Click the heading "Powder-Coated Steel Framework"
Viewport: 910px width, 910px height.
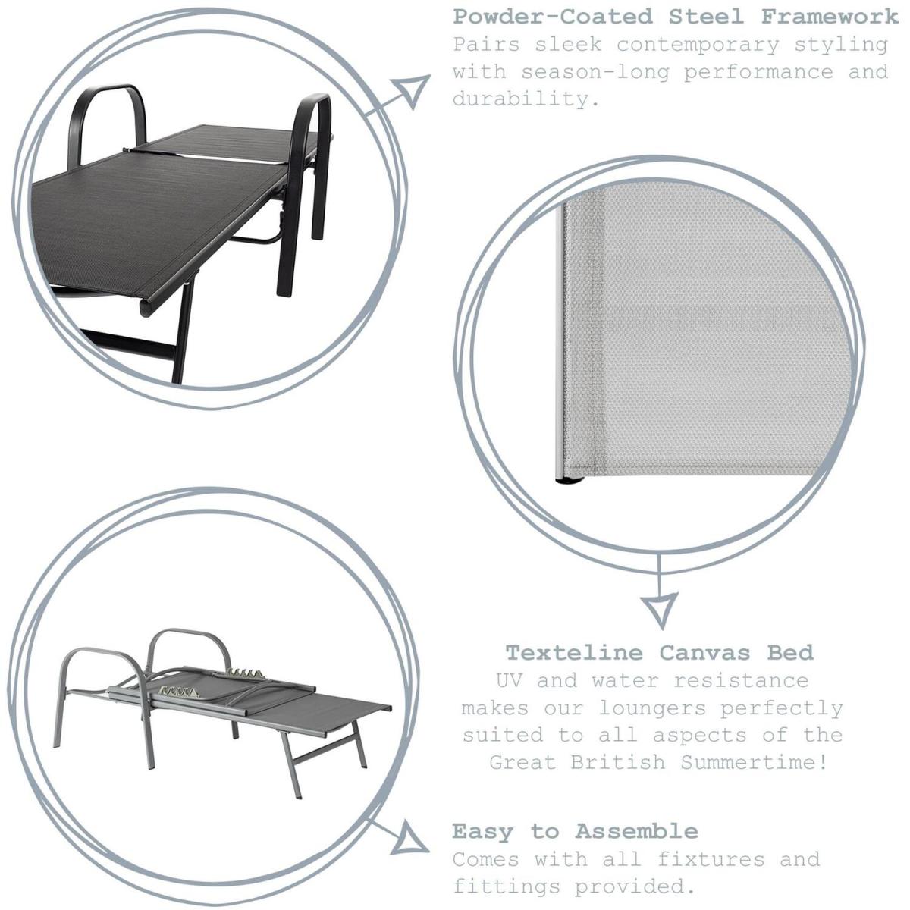click(x=676, y=17)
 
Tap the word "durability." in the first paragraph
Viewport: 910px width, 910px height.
click(x=526, y=99)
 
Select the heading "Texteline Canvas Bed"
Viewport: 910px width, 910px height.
click(x=660, y=653)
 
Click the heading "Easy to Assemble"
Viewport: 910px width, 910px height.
click(x=575, y=831)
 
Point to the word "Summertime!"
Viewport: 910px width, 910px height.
click(x=755, y=762)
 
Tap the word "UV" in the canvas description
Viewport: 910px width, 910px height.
click(x=509, y=680)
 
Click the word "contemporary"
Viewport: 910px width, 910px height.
click(x=698, y=45)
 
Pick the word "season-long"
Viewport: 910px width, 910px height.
click(x=595, y=72)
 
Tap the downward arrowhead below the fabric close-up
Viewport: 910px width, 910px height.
click(x=660, y=611)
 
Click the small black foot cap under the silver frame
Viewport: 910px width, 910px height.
click(x=570, y=482)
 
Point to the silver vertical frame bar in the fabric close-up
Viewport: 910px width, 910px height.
click(x=560, y=341)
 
